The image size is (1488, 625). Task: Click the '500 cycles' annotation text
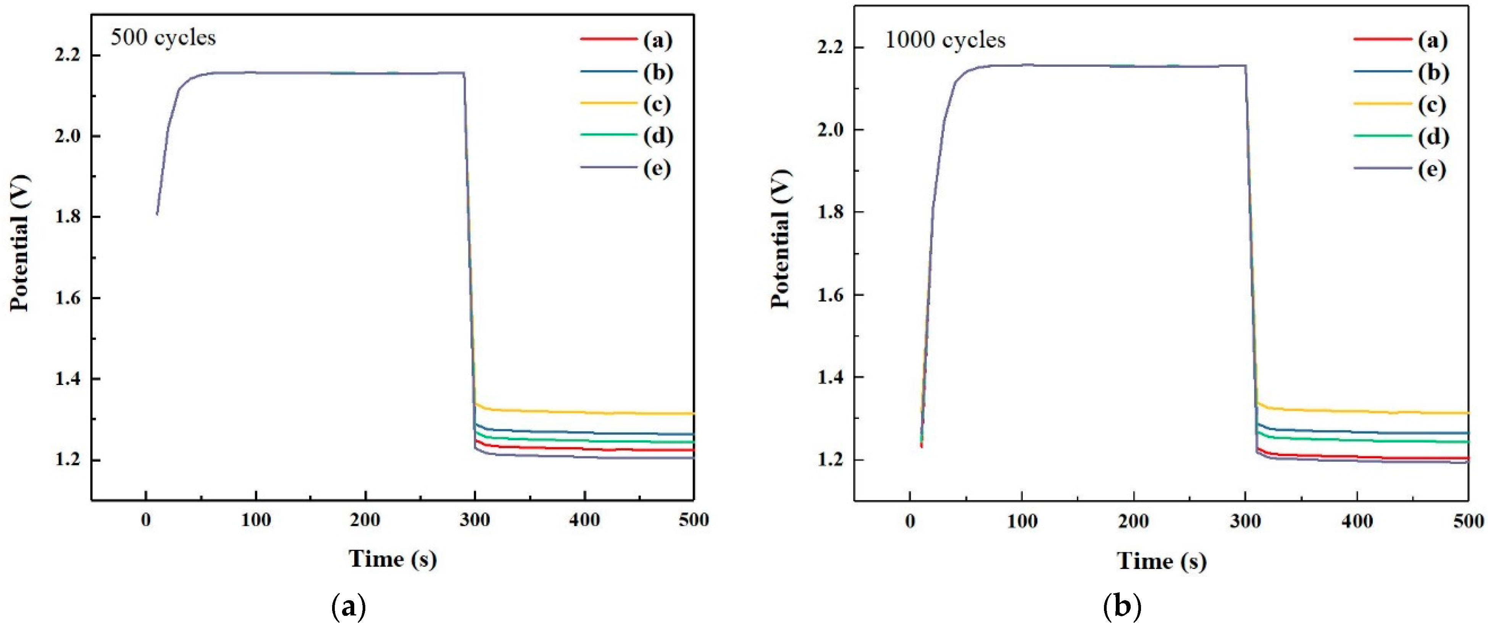[163, 38]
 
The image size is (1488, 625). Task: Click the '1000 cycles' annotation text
[945, 40]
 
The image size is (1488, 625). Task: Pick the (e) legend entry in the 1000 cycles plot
[1432, 170]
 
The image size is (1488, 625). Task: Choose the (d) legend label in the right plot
[1433, 137]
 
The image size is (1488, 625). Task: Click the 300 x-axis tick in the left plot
[475, 520]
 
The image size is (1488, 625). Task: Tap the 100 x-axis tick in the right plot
[1022, 522]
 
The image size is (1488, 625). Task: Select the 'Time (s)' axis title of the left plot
[393, 559]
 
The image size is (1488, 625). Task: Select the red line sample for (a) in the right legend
[1382, 39]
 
